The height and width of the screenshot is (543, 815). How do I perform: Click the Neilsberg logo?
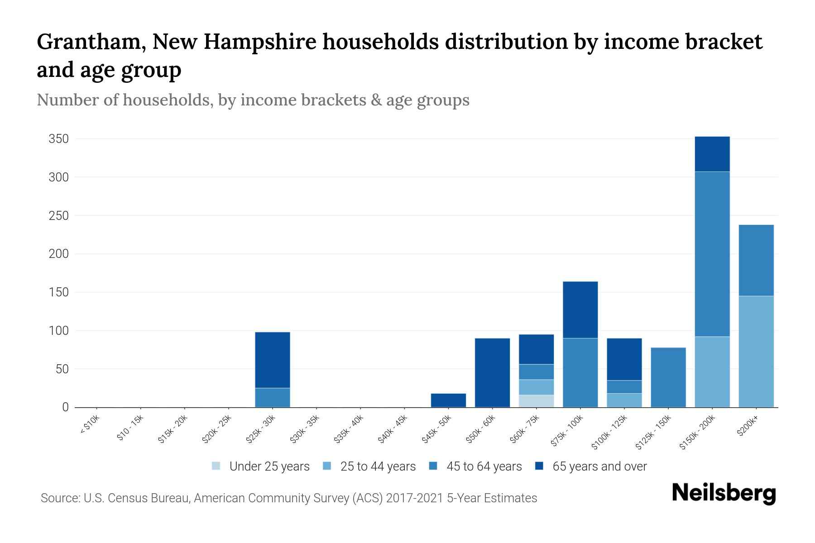coord(724,493)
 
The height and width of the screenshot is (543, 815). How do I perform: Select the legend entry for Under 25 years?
coord(261,466)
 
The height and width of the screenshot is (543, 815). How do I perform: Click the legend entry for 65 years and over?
coord(591,466)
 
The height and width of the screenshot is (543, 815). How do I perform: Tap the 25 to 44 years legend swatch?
coord(327,466)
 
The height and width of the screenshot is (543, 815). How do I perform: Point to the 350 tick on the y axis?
coord(59,139)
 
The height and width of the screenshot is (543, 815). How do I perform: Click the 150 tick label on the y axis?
coord(59,292)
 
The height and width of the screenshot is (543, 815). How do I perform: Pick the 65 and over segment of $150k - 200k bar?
coord(712,154)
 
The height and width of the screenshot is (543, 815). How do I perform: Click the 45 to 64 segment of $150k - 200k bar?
coord(712,253)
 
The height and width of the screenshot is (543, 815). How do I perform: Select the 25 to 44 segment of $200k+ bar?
coord(756,351)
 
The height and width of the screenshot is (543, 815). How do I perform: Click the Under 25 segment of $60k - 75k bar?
coord(536,401)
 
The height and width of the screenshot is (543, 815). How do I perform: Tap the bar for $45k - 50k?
coord(448,400)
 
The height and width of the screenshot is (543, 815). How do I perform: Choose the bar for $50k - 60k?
coord(492,372)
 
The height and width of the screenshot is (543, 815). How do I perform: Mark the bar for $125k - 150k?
coord(668,377)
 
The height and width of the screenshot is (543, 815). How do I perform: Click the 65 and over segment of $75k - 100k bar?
coord(580,310)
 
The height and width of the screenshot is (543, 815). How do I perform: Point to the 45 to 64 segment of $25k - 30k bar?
coord(273,397)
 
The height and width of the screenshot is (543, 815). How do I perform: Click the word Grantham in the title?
coord(91,42)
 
